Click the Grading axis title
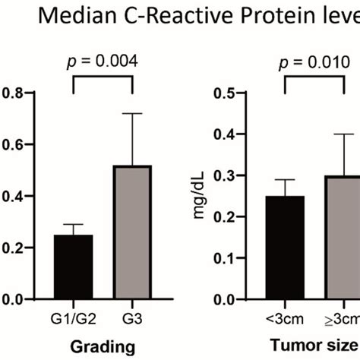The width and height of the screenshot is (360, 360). [99, 346]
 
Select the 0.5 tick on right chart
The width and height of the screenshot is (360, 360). [225, 93]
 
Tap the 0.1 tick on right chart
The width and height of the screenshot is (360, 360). [225, 258]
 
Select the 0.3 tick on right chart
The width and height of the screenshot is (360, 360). [225, 176]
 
